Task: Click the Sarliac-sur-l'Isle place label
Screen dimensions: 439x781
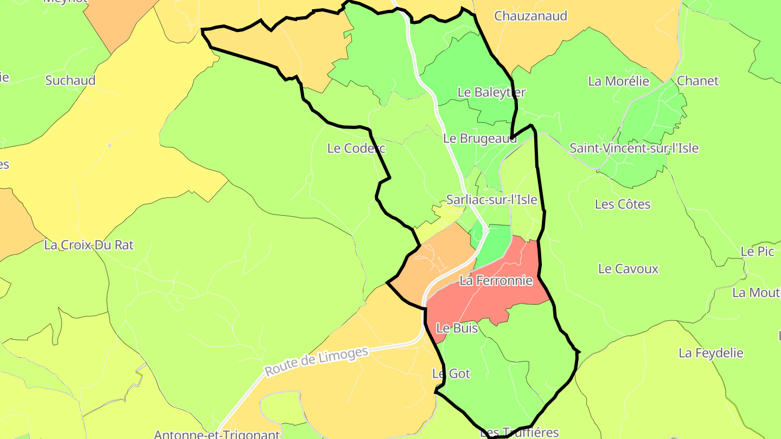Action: click(x=491, y=199)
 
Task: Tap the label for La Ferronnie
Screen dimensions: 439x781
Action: click(x=496, y=281)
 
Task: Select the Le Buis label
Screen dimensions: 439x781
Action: click(x=457, y=328)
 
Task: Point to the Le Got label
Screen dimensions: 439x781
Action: click(x=451, y=373)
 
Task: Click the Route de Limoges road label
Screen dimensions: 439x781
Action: click(x=316, y=361)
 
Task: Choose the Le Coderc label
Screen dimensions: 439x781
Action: click(x=356, y=148)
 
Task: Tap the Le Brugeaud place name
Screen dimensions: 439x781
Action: click(x=479, y=138)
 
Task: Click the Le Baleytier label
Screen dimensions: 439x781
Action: click(x=491, y=92)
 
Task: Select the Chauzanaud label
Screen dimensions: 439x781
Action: click(x=530, y=16)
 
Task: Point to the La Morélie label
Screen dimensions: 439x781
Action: click(x=618, y=81)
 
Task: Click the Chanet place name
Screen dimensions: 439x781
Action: click(x=697, y=81)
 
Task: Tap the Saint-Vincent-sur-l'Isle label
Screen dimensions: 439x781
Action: click(x=633, y=148)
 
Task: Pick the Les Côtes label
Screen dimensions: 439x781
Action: click(x=622, y=204)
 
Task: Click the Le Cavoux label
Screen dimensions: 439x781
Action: click(x=628, y=269)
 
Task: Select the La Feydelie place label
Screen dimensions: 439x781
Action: click(x=710, y=353)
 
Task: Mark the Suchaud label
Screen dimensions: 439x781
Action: click(x=70, y=80)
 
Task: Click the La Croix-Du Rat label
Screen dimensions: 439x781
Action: click(x=88, y=245)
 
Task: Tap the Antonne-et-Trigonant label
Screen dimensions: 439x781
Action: click(x=216, y=434)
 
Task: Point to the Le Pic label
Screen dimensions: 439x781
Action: click(x=757, y=251)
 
